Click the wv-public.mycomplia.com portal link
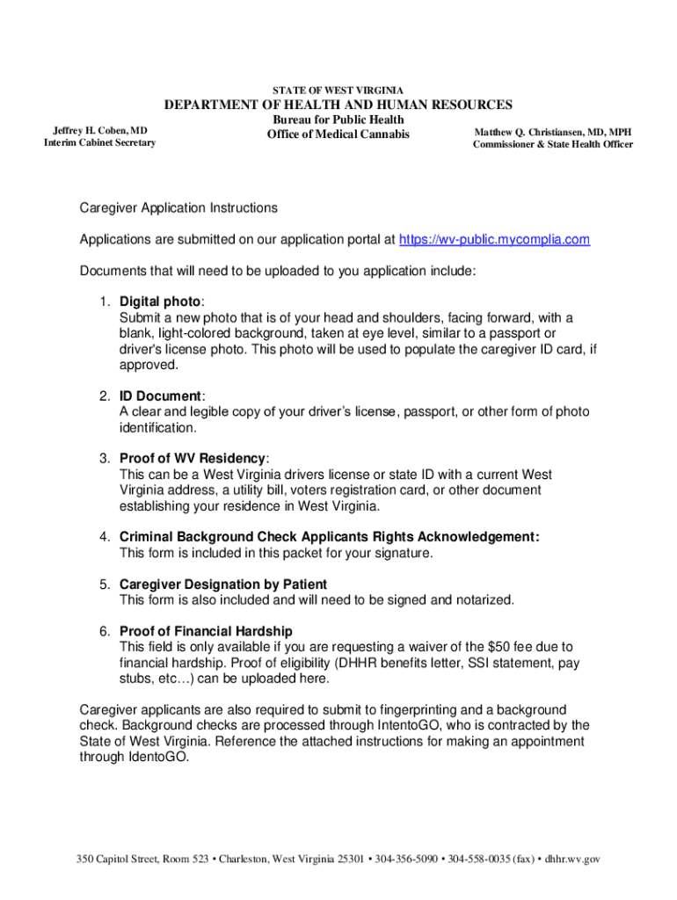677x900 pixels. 494,240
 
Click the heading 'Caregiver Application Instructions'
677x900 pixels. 178,208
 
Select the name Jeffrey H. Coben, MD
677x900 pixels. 100,131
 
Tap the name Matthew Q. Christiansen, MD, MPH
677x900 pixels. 553,132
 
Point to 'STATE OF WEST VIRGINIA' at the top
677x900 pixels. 338,91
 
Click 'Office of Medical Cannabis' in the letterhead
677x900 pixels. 338,134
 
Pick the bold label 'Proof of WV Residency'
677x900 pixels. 193,459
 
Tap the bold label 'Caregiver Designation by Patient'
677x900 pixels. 223,584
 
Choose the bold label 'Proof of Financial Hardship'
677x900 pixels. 206,632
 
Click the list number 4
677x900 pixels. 104,537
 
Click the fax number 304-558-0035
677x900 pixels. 484,859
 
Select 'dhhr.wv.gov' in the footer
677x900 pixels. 572,859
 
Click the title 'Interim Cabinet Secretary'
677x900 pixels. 99,143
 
